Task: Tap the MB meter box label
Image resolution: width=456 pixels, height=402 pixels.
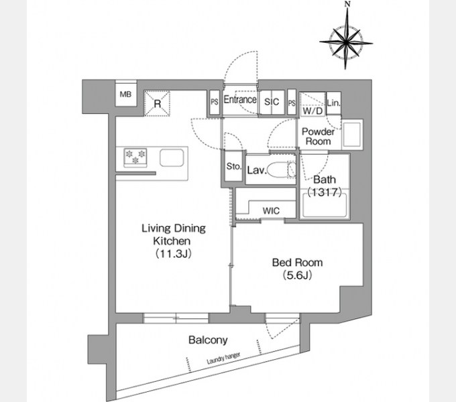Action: click(125, 94)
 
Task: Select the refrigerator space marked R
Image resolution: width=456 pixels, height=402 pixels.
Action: click(157, 103)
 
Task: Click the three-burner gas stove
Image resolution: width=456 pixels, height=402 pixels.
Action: click(135, 157)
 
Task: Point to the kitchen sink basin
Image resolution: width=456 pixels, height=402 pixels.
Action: click(172, 157)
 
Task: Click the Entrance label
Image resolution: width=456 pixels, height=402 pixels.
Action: click(240, 100)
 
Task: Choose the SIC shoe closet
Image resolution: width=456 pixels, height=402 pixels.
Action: click(272, 102)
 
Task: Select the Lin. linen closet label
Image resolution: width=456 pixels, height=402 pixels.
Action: click(333, 103)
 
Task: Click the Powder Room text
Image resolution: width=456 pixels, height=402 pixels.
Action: click(318, 137)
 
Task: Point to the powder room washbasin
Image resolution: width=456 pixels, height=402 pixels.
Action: click(352, 135)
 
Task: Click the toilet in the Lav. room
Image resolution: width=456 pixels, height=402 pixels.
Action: click(281, 170)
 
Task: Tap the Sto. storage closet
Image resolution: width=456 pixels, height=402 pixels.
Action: click(233, 166)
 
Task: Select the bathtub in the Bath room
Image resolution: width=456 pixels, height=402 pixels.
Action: click(325, 206)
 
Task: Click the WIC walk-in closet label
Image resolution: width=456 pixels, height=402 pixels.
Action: click(271, 210)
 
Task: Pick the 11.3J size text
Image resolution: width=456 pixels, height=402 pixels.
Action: click(173, 253)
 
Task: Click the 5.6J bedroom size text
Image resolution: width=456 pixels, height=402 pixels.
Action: click(297, 275)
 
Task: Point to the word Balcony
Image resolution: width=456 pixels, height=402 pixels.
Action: click(208, 340)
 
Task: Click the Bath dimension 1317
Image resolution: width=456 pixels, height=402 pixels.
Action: click(325, 192)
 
